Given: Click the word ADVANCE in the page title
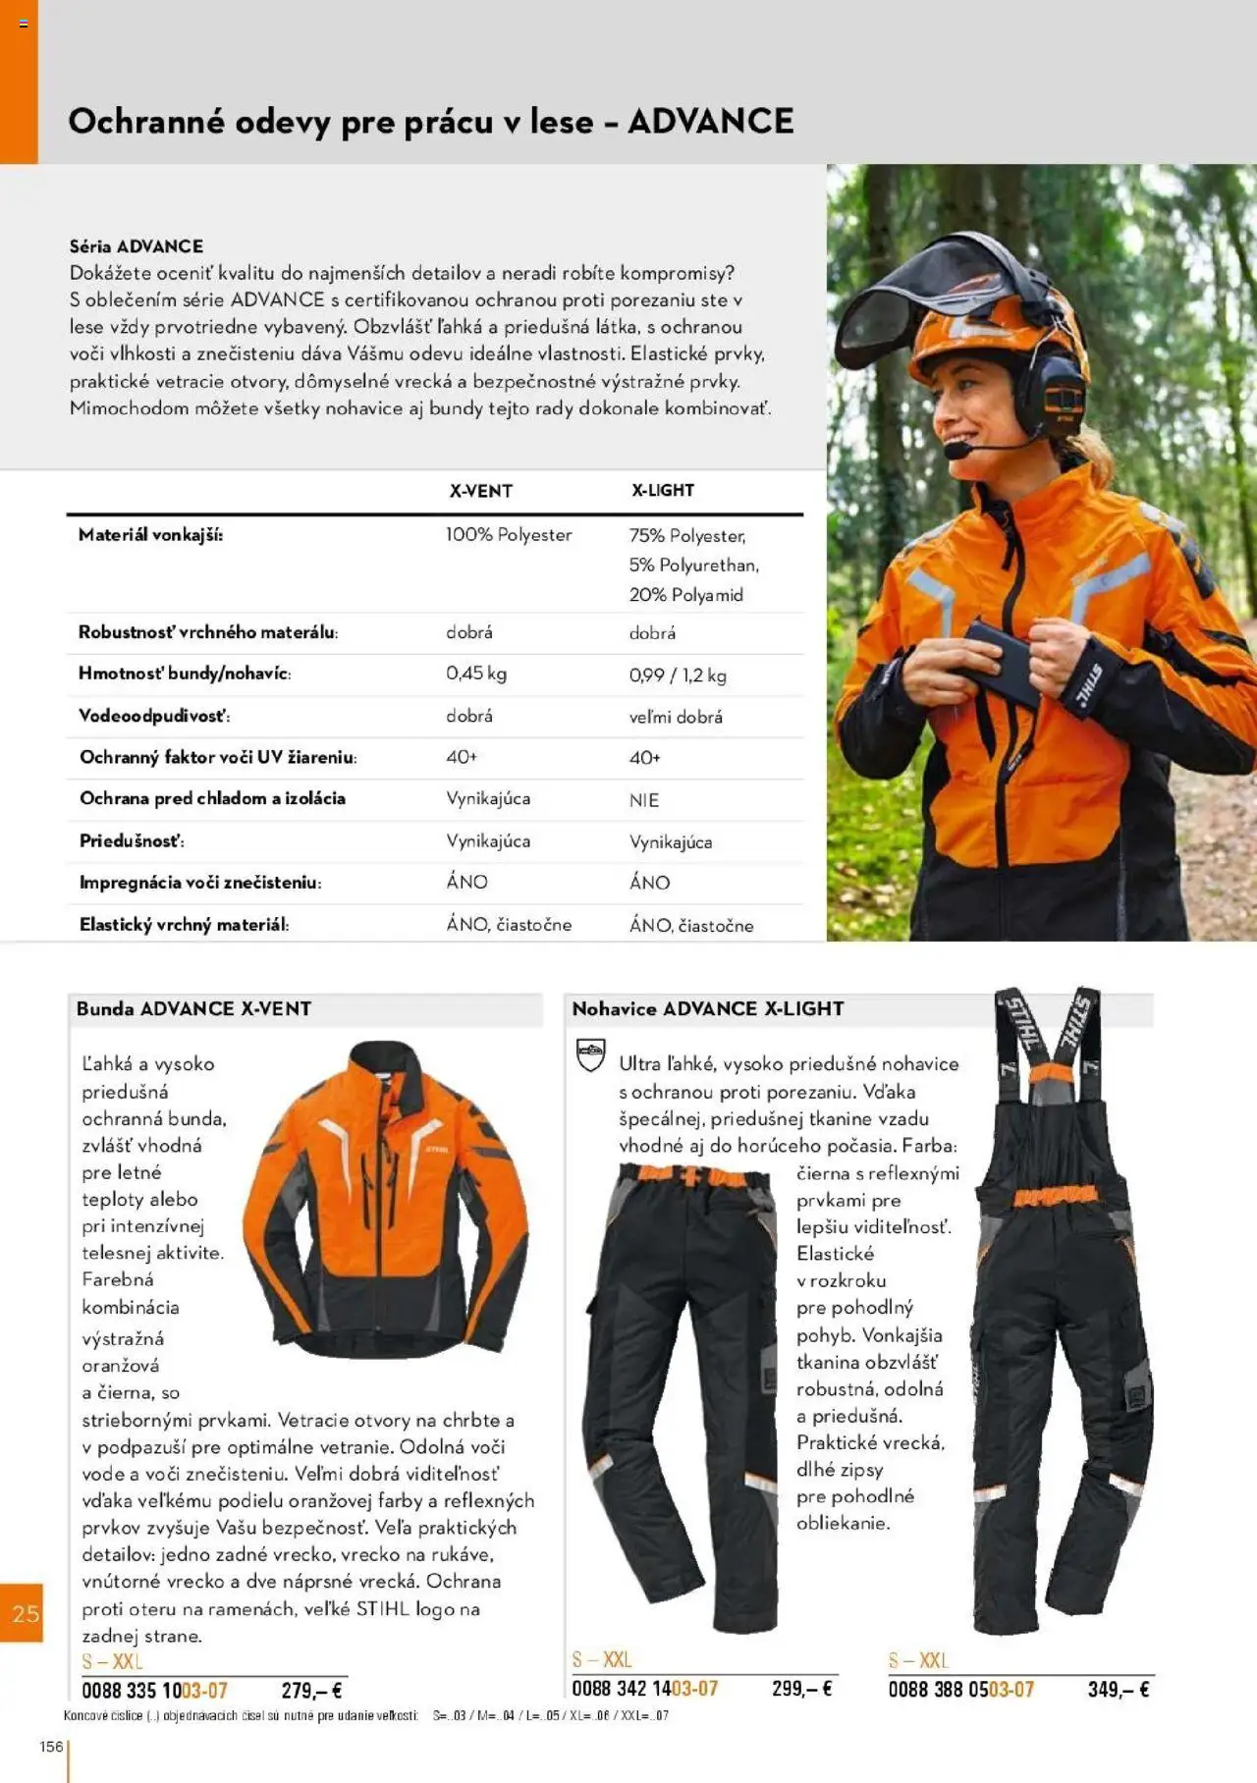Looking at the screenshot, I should pos(710,122).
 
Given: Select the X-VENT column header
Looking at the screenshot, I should pos(480,491).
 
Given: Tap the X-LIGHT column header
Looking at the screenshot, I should pos(662,490).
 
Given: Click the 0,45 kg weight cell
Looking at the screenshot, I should pos(476,674).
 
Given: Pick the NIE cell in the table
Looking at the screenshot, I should pos(644,800).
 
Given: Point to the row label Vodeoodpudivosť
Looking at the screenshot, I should pos(154,716).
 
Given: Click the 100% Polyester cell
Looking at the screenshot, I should pos(508,535).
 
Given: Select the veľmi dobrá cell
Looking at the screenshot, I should pos(676,717).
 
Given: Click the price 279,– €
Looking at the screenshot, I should pos(311,1691).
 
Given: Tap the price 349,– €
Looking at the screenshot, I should pos(1118,1689).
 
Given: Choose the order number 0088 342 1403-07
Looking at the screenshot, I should pos(644,1689).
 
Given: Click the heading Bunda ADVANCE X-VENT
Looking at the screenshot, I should pos(193,1008).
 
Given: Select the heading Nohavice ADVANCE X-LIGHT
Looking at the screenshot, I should pos(707,1008).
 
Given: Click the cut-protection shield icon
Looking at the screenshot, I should pos(590,1055).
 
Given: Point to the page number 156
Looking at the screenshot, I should pos(51,1746).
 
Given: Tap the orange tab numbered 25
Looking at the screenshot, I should pos(24,1613).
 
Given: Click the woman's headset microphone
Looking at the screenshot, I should pos(954,450).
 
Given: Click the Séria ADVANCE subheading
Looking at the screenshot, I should pos(136,246).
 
